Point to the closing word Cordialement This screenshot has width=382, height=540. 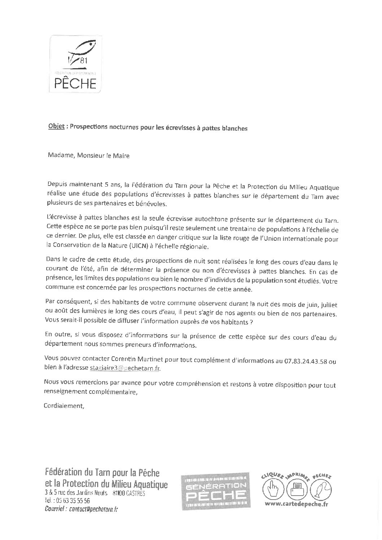point(64,405)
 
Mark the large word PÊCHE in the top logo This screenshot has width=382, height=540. point(75,84)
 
